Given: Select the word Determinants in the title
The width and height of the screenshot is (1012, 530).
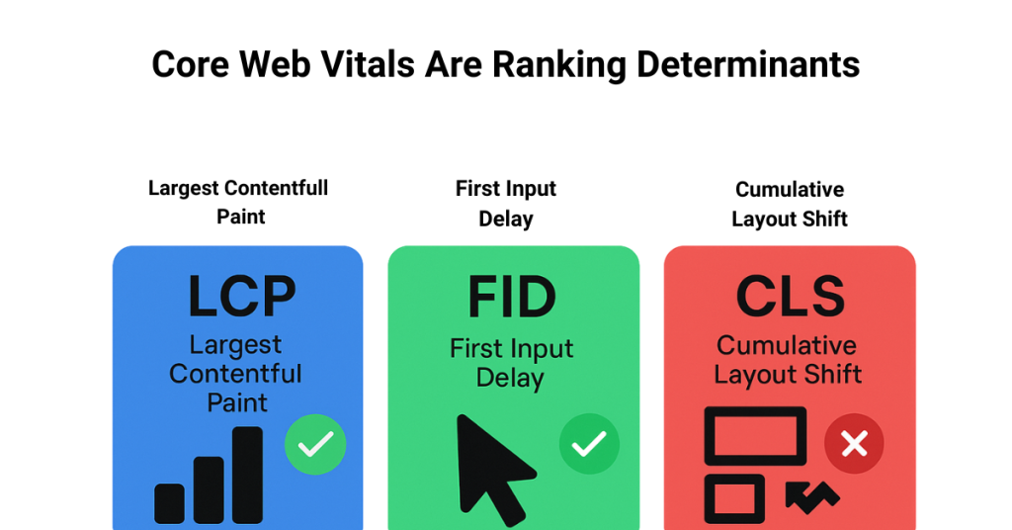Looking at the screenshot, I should coord(748,65).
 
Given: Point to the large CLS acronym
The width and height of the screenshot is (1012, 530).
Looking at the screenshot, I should coord(790,298).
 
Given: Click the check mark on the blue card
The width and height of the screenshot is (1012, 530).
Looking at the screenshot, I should coord(315,445).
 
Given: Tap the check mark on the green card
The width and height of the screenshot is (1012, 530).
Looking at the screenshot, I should coord(589,445).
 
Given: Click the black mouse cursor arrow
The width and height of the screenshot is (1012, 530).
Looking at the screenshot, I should coord(491,468).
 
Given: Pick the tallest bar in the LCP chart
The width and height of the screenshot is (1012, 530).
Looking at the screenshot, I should coord(248,475).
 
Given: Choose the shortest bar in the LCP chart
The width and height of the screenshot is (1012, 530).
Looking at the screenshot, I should coord(170,502).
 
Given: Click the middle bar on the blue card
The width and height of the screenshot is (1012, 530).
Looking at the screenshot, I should coord(209,488).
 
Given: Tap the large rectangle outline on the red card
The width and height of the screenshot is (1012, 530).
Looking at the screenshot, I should coord(755,436).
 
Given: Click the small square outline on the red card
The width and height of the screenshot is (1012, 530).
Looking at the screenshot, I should coord(734,498).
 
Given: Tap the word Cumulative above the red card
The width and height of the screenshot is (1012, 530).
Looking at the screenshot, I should coord(790,189).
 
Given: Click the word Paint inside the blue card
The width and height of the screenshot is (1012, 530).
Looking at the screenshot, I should coord(237,403).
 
